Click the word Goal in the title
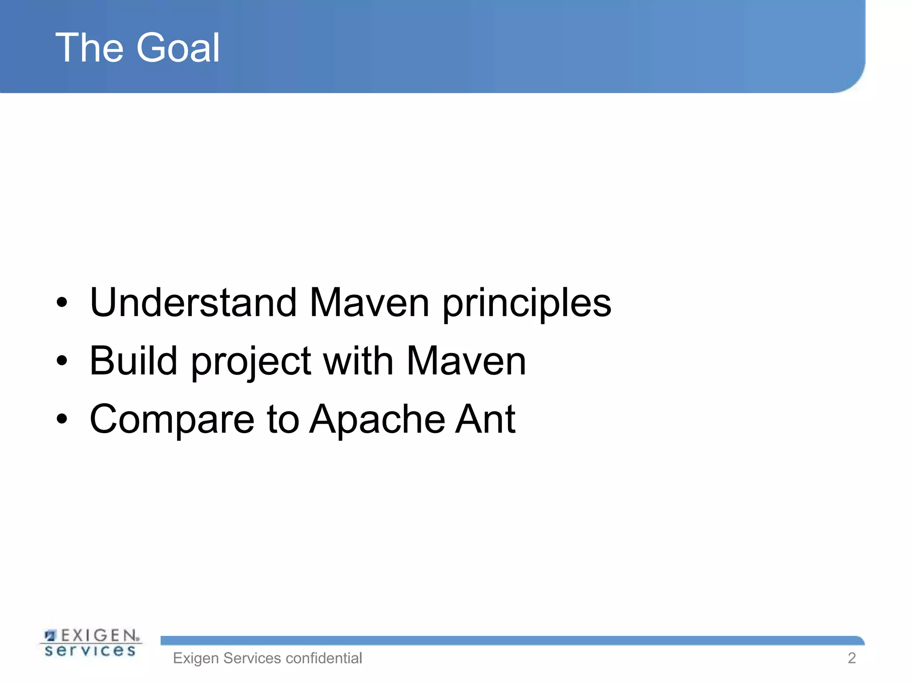click(x=178, y=48)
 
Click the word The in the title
click(x=89, y=48)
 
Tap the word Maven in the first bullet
click(x=369, y=303)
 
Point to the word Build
click(x=133, y=361)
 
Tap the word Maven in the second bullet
click(x=466, y=361)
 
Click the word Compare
click(x=172, y=420)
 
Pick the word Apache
click(x=377, y=420)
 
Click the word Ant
click(x=485, y=419)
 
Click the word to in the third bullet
click(x=283, y=420)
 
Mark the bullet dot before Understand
click(x=62, y=303)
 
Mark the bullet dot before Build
click(x=62, y=361)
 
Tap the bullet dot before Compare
click(x=62, y=419)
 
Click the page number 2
click(x=851, y=658)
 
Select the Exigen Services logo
click(x=91, y=643)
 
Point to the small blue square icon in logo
click(x=50, y=635)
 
